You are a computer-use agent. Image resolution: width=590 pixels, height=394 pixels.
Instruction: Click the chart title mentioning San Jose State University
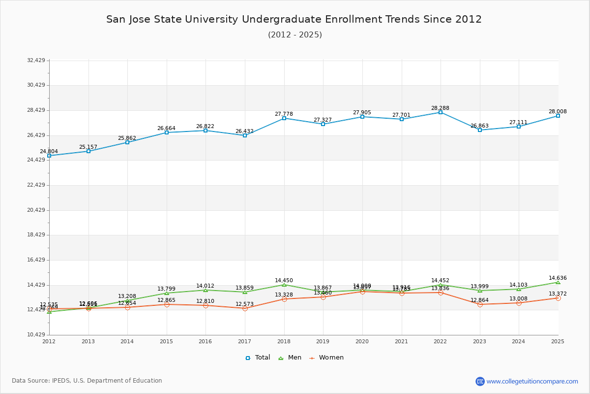point(294,19)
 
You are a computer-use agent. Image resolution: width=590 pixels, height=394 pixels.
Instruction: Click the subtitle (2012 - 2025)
point(295,35)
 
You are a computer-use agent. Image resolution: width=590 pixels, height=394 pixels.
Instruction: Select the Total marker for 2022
point(441,112)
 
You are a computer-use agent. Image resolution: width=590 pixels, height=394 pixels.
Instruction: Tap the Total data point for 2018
point(284,118)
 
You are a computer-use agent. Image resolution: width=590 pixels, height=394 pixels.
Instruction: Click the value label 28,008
point(558,111)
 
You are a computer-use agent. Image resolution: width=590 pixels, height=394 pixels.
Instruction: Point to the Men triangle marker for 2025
point(558,282)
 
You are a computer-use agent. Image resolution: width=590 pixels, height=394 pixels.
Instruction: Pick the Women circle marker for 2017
point(245,308)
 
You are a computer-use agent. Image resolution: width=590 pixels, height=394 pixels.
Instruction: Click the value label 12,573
point(244,304)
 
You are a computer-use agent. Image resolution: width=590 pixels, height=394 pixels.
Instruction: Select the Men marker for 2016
point(206,290)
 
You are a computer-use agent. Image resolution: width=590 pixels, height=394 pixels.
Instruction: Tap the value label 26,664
point(166,128)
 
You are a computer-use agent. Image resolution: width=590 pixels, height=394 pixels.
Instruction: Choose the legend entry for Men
point(290,358)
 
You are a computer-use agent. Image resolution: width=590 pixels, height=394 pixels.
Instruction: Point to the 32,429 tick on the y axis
point(36,60)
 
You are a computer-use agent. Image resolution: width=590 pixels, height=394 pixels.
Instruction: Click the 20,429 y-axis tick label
point(36,210)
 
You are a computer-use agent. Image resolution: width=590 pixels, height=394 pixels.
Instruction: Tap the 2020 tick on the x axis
point(362,341)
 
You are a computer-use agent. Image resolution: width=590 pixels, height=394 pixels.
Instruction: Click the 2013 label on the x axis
point(88,341)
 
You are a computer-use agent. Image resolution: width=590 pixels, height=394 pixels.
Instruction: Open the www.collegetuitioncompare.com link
point(532,381)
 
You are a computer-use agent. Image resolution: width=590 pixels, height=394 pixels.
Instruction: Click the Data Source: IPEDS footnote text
point(87,381)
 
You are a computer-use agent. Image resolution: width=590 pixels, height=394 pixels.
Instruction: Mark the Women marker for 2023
point(480,304)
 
